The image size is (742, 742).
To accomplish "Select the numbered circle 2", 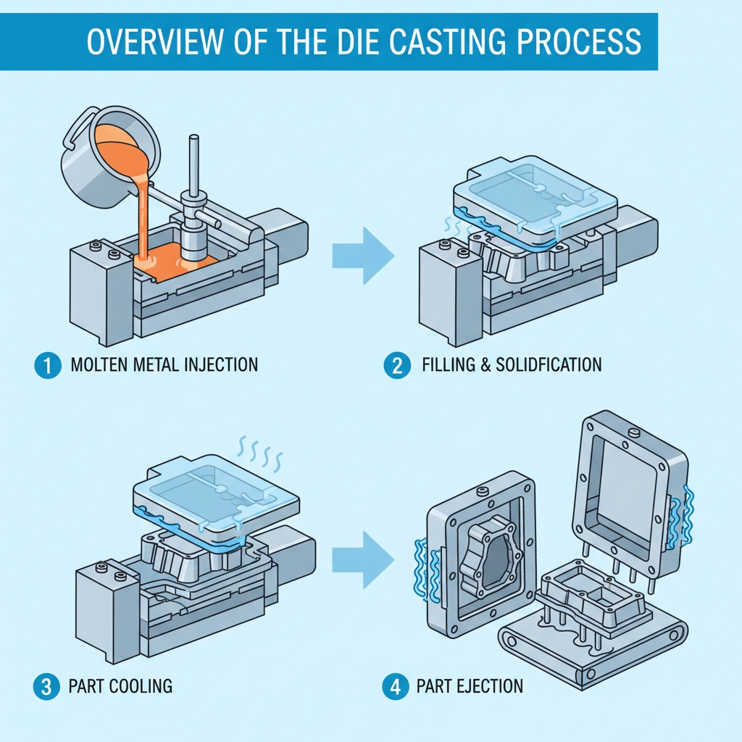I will pyautogui.click(x=396, y=365).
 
